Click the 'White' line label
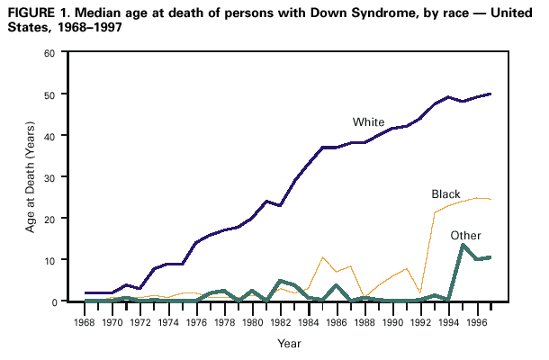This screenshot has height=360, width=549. click(x=368, y=121)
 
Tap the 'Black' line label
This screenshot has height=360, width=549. click(x=446, y=194)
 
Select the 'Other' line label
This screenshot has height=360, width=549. click(x=466, y=235)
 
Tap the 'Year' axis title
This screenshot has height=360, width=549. click(x=290, y=344)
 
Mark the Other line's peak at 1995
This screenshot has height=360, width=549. click(x=463, y=245)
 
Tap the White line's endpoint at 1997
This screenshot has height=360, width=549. click(x=490, y=94)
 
